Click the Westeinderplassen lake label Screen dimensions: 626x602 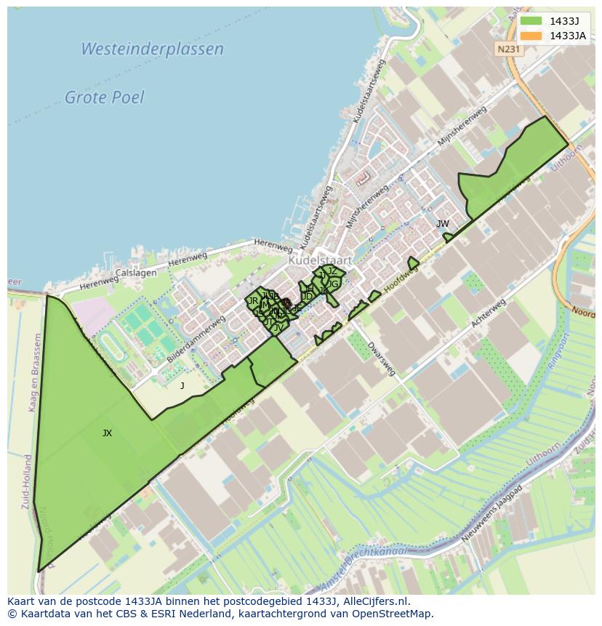point(152,49)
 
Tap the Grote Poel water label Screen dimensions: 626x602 point(105,97)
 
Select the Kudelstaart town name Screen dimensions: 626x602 point(320,260)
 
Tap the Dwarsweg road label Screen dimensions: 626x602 point(381,358)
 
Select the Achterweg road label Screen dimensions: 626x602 point(488,312)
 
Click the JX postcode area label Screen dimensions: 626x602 point(107,433)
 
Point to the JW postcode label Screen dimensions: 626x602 point(442,224)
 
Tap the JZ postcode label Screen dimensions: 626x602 point(332,271)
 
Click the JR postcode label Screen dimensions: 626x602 point(253,300)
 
